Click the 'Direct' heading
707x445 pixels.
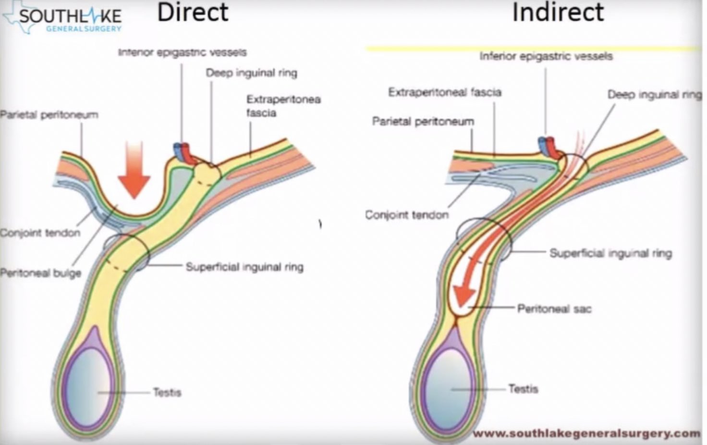coord(193,13)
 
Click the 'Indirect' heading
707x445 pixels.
coord(558,13)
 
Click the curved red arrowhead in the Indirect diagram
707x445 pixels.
coord(464,294)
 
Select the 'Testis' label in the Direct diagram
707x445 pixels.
coord(167,393)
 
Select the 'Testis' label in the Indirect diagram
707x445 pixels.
coord(523,389)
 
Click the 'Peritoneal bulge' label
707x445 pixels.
coord(40,273)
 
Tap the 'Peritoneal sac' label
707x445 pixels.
coord(554,309)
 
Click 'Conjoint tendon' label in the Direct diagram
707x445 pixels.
coord(40,233)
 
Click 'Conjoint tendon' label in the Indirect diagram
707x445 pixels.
coord(406,215)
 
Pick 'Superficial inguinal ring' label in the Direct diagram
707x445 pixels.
coord(244,267)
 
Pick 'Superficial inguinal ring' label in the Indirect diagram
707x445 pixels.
coord(610,253)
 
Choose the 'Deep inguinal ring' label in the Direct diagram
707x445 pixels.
coord(251,73)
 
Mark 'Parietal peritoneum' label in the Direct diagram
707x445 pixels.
coord(49,115)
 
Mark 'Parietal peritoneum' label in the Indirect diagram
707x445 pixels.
coord(423,122)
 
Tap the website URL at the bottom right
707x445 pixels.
coord(586,433)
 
